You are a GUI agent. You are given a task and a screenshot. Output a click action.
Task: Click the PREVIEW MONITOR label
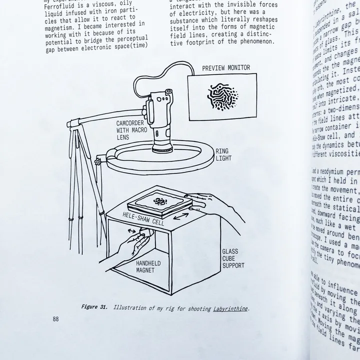(225, 68)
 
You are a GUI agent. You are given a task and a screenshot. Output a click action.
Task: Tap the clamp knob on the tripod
(97, 162)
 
